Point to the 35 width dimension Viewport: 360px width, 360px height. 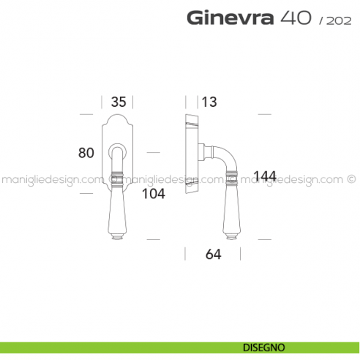(x=119, y=101)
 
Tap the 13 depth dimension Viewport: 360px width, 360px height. (x=209, y=101)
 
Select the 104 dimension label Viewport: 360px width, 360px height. (x=152, y=194)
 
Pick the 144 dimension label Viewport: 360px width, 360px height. (x=265, y=176)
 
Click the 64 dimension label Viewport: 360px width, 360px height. (x=212, y=254)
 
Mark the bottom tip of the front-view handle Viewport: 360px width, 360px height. (x=118, y=237)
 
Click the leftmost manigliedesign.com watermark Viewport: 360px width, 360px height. (x=51, y=178)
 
